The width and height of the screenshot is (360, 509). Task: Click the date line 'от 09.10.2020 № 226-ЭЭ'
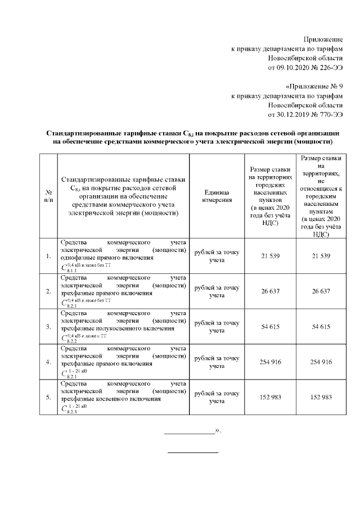pos(305,68)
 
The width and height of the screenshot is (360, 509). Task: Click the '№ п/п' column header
pos(48,195)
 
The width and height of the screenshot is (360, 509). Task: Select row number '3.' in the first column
pos(48,326)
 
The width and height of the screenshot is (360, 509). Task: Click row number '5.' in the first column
pos(48,397)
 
